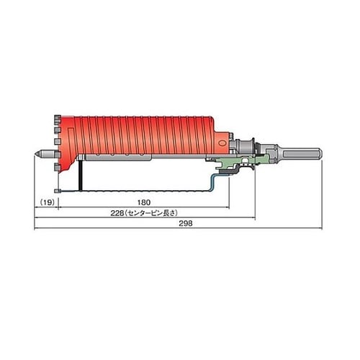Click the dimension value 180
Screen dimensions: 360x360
[x=144, y=202]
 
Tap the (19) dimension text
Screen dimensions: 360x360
[x=47, y=202]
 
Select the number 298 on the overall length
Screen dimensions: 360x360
[x=186, y=223]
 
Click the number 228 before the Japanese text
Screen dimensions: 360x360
[x=117, y=213]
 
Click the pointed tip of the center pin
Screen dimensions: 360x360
[x=35, y=153]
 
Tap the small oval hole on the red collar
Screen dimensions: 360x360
[x=222, y=143]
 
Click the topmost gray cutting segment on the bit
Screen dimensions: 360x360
[x=57, y=118]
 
